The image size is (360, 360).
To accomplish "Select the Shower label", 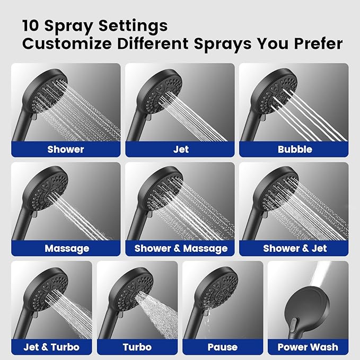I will tap(66, 149).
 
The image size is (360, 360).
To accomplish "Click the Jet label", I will tap(181, 149).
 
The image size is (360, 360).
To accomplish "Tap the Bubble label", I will tap(295, 149).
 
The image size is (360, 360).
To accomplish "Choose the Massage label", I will tap(67, 248).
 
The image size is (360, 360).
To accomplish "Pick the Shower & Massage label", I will tap(181, 248).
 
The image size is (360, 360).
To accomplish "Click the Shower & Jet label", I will tap(295, 248).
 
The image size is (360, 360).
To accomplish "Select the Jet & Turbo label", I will tap(51, 347).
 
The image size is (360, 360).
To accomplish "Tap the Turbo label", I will tap(137, 347).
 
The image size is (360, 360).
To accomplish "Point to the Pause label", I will tap(223, 347).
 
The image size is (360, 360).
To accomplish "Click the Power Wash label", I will tap(308, 347).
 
